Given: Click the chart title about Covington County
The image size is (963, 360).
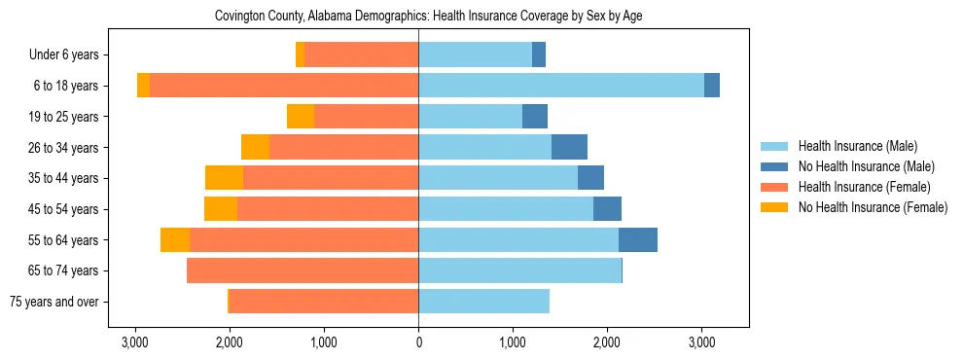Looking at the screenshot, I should pyautogui.click(x=418, y=17).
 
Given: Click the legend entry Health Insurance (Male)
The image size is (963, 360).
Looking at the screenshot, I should pyautogui.click(x=857, y=146).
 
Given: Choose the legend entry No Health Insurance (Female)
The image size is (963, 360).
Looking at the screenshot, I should pyautogui.click(x=873, y=207).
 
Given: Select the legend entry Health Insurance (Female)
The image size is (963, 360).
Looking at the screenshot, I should pyautogui.click(x=864, y=187).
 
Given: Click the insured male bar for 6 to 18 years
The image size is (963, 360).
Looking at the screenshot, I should pyautogui.click(x=561, y=86).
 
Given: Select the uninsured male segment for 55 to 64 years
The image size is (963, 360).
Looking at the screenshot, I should pyautogui.click(x=638, y=239).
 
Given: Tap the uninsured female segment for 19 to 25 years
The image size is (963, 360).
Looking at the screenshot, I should pyautogui.click(x=301, y=117).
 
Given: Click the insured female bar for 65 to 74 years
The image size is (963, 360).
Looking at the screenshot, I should pyautogui.click(x=303, y=270).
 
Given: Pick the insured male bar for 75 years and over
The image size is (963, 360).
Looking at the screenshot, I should pyautogui.click(x=483, y=302).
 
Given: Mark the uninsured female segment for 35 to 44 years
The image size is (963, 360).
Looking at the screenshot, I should pyautogui.click(x=225, y=178).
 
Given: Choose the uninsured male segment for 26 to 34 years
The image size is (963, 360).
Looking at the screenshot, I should pyautogui.click(x=569, y=147).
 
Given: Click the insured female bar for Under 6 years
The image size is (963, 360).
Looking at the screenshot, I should pyautogui.click(x=361, y=55).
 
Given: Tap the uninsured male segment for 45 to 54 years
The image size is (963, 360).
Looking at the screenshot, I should pyautogui.click(x=607, y=209).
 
